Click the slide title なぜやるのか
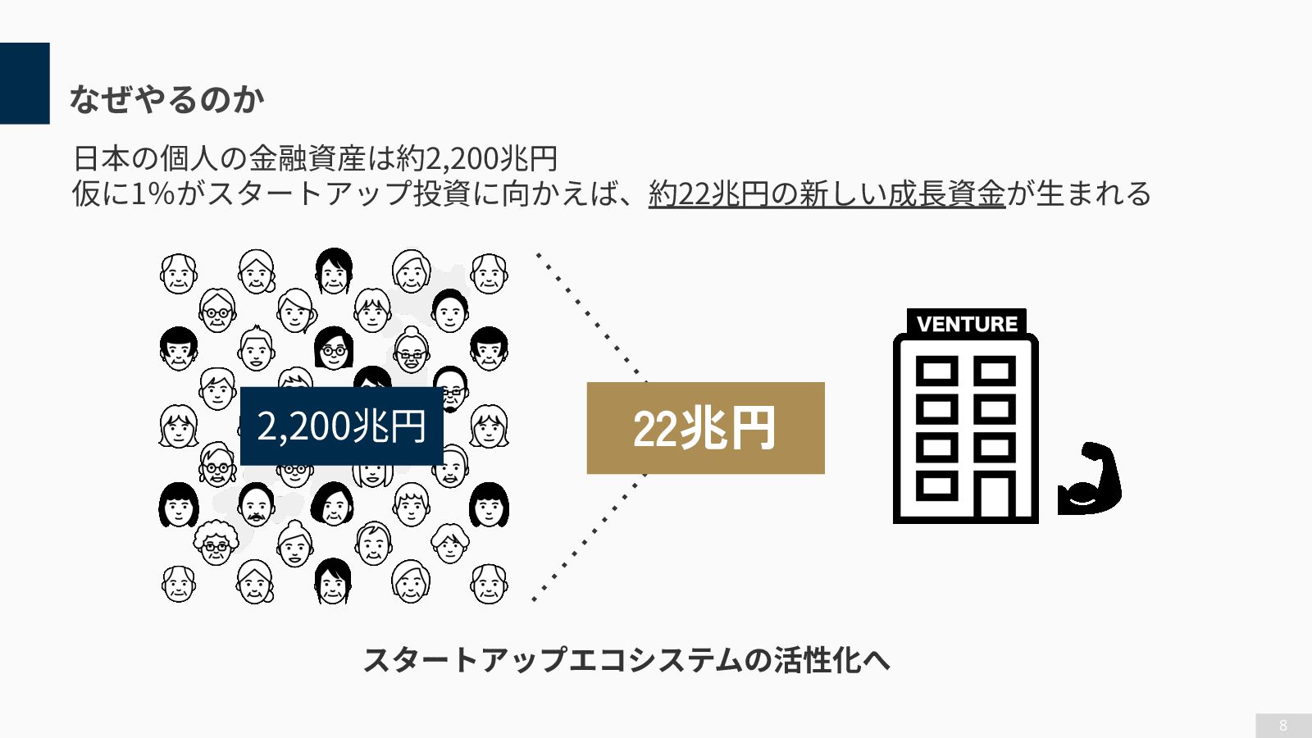coord(166,99)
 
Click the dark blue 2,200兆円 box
coord(341,426)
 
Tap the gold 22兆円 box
coord(705,428)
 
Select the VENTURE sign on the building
coord(967,323)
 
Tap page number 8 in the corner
coord(1283,725)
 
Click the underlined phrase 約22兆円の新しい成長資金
coord(827,194)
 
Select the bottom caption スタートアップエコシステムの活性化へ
coord(626,659)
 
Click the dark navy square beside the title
coord(25,83)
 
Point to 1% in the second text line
coord(153,194)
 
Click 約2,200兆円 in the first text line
coord(477,157)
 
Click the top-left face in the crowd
coord(178,273)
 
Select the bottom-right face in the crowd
coord(489,584)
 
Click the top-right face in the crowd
coord(489,273)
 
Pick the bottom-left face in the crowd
coord(178,584)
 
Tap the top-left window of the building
coord(936,371)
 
